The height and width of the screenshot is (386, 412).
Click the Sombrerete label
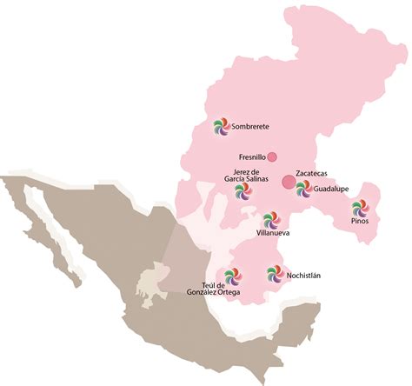pos(252,125)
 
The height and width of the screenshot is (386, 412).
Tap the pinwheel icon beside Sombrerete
pos(222,129)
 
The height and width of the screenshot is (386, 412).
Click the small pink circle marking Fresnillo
pos(272,156)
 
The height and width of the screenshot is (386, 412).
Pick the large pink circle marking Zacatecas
pos(288,182)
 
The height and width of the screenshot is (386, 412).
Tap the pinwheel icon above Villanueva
pos(269,217)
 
